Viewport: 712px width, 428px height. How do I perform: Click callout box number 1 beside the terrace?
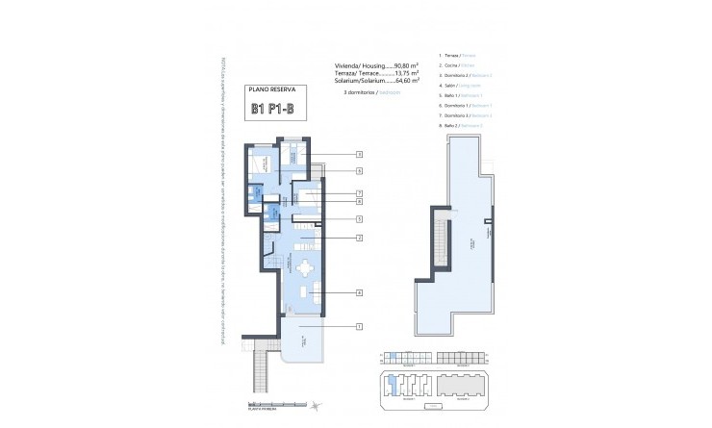point(358,327)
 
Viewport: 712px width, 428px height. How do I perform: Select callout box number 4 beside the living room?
point(358,293)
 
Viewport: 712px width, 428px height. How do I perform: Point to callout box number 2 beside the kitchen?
point(358,238)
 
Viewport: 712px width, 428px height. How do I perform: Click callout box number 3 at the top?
point(358,154)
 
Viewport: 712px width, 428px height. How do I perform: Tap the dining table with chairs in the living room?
point(306,268)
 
